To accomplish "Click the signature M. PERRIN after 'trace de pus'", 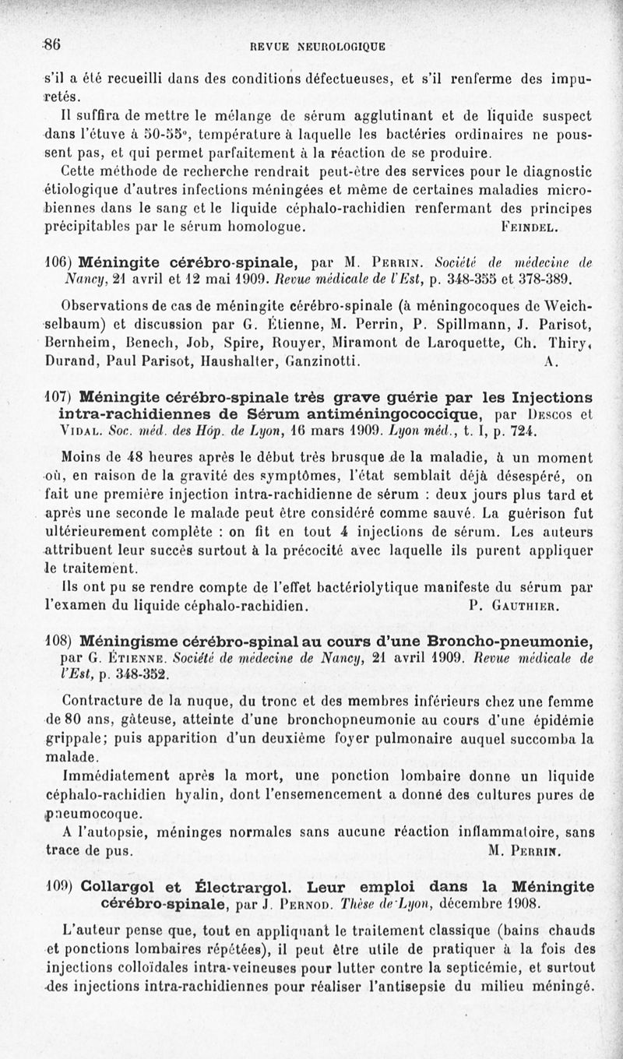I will point(526,850).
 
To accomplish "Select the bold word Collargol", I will point(121,887).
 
